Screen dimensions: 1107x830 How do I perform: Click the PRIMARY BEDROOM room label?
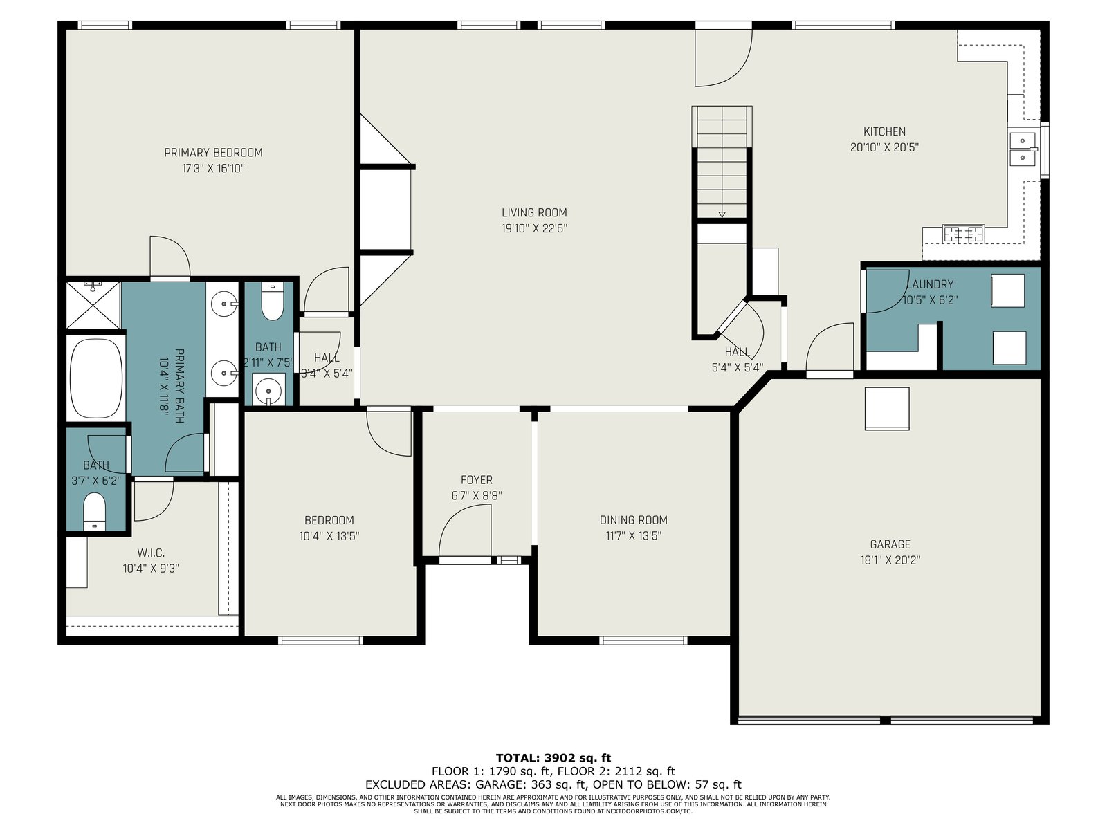[x=213, y=152]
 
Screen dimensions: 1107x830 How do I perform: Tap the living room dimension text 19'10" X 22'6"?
[x=534, y=229]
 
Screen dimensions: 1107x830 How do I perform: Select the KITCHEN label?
[x=884, y=131]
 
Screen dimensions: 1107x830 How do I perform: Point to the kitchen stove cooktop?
[x=963, y=233]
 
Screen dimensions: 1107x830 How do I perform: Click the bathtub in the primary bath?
[x=95, y=378]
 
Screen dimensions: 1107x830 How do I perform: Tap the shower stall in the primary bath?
[x=93, y=306]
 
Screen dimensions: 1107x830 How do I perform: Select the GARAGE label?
[x=890, y=544]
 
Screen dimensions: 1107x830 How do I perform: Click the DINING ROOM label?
[x=634, y=519]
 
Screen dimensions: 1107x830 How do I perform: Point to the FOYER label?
[x=477, y=480]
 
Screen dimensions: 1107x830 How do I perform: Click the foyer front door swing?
[x=465, y=531]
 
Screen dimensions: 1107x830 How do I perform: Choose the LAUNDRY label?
[x=929, y=284]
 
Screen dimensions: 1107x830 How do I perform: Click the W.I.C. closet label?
[x=151, y=553]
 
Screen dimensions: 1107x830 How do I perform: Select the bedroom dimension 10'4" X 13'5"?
[x=329, y=536]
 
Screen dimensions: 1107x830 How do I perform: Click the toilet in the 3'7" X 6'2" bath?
[x=94, y=511]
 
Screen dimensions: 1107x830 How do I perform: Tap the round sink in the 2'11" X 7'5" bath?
[x=268, y=391]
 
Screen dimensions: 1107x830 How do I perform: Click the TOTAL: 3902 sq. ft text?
[x=553, y=758]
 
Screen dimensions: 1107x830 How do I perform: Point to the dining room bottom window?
[x=643, y=640]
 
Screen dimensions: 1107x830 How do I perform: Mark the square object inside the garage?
[x=887, y=408]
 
